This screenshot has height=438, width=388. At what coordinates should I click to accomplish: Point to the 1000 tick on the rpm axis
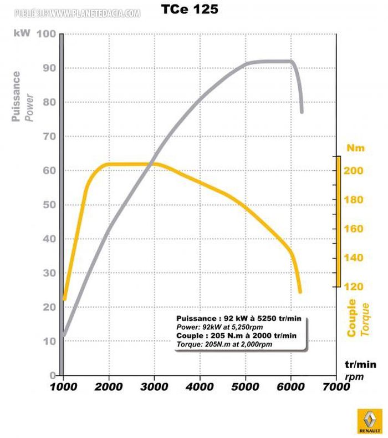[x=64, y=387]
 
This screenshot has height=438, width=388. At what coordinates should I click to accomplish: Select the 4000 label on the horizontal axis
[x=200, y=387]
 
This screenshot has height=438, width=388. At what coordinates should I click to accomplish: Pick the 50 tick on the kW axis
[x=49, y=205]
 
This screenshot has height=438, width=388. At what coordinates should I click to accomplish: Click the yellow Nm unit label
[x=355, y=148]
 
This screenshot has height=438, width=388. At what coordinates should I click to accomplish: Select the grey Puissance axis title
[x=17, y=95]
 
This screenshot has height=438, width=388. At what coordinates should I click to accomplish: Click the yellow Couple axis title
[x=351, y=318]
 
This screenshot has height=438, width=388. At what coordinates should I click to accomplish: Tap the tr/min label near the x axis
[x=360, y=365]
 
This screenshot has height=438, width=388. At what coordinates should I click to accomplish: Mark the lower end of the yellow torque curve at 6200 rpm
[x=300, y=291]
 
